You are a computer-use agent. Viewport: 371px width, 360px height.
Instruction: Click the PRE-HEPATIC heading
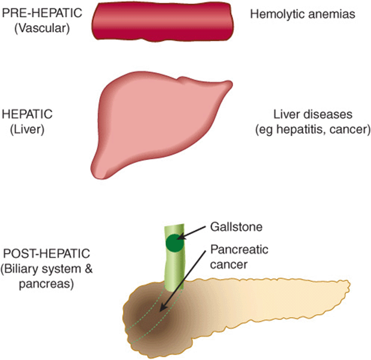(x=42, y=13)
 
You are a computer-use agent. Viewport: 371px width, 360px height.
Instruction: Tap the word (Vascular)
(x=42, y=29)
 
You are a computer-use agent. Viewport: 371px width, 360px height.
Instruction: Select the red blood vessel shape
(x=162, y=21)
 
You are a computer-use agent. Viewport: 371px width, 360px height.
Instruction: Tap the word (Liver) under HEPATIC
(x=27, y=130)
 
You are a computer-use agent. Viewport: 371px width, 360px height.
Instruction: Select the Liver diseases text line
(x=313, y=115)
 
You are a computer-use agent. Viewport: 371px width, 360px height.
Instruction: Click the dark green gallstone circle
(x=175, y=243)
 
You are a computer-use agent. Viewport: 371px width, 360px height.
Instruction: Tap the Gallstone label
(x=237, y=227)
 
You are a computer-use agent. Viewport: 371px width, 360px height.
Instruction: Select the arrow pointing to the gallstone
(x=192, y=233)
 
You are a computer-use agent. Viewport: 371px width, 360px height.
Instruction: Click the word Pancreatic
(x=239, y=249)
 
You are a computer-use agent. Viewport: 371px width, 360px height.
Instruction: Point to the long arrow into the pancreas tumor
(x=182, y=282)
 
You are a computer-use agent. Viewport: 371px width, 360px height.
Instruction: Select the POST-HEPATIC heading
(x=47, y=253)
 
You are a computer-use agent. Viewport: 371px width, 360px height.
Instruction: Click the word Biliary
(x=20, y=269)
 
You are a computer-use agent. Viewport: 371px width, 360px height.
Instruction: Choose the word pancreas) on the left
(x=47, y=284)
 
